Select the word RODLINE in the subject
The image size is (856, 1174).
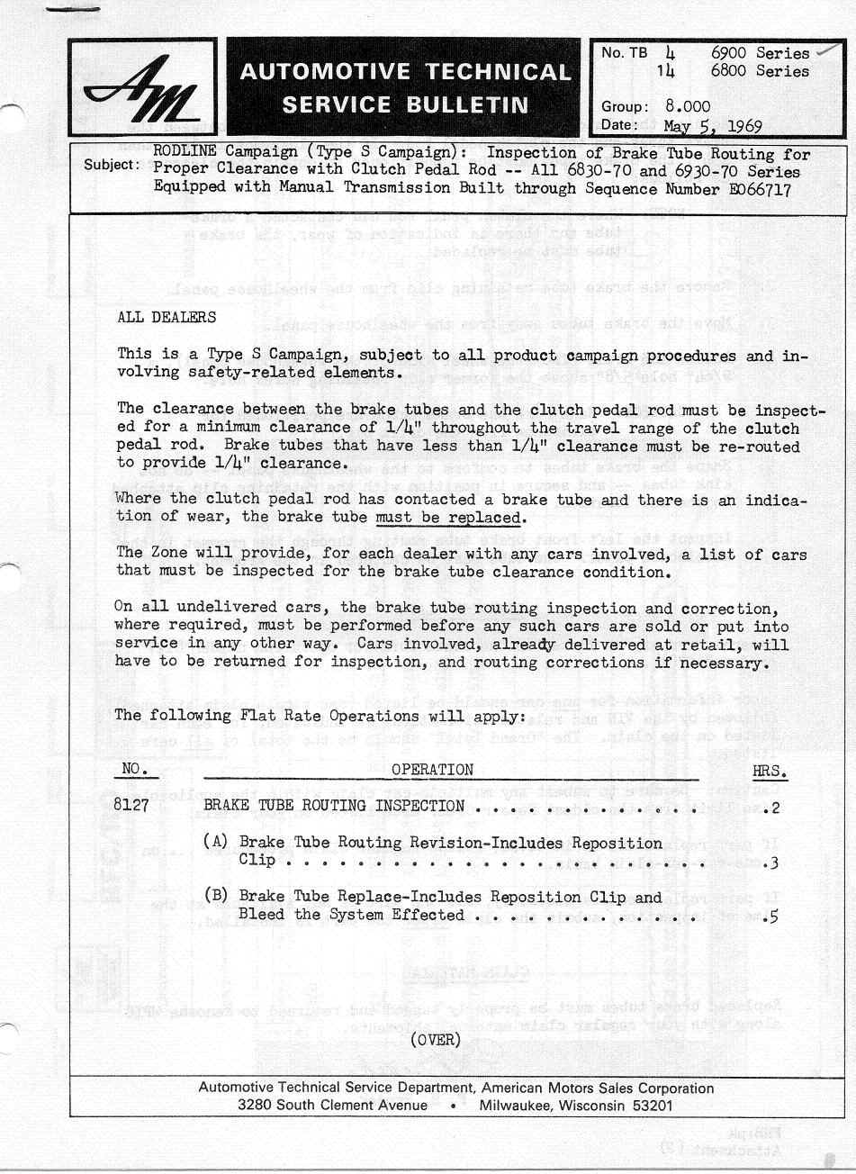click(x=185, y=153)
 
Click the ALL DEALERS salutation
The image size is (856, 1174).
click(x=167, y=318)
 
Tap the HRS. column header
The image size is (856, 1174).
click(x=770, y=772)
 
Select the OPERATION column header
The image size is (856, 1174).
click(x=432, y=770)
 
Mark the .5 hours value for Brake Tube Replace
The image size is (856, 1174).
click(x=770, y=916)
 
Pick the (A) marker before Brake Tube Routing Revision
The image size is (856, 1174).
click(x=215, y=843)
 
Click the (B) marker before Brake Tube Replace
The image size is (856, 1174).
click(x=215, y=897)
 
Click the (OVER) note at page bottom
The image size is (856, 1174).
click(x=435, y=1040)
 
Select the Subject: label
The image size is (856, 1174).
click(x=112, y=165)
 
